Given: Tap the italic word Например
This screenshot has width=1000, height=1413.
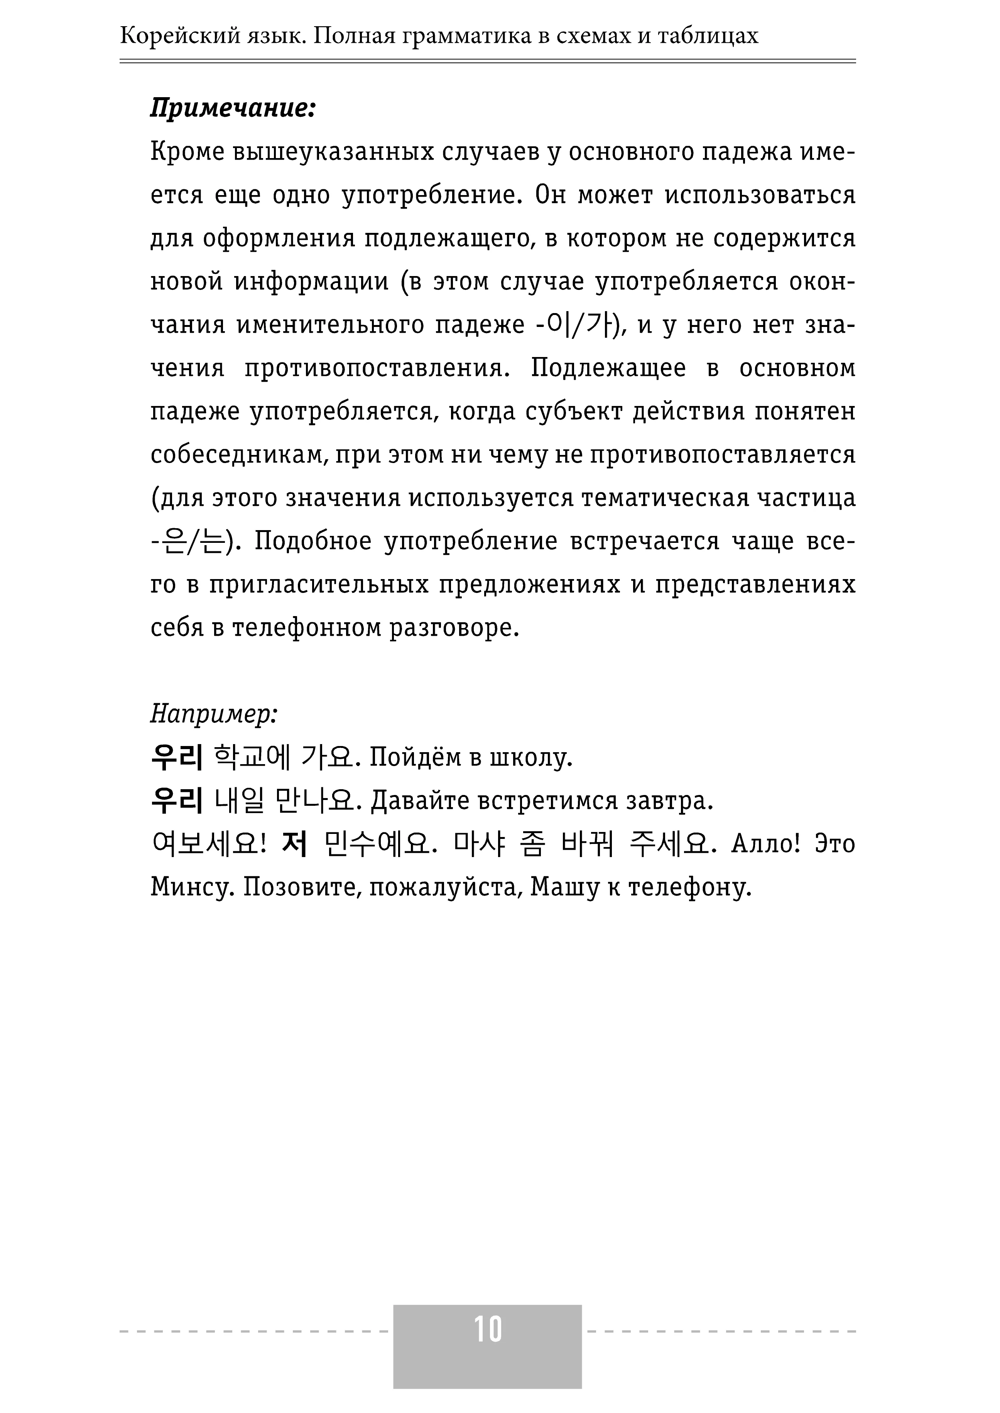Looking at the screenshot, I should click(214, 714).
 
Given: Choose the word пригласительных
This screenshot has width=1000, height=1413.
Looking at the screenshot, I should click(318, 584).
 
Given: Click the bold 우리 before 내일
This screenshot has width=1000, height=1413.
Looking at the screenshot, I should click(177, 801).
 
